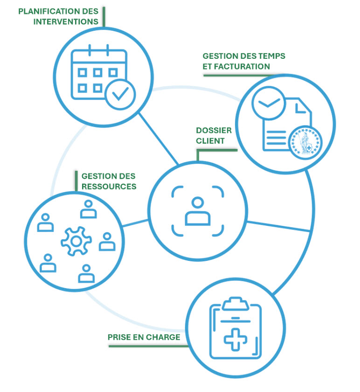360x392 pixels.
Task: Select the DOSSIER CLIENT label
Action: [x=214, y=135]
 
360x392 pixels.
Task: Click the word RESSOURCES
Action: [x=109, y=186]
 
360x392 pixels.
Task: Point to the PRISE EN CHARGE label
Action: [x=144, y=337]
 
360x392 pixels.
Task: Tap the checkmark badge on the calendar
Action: [x=120, y=94]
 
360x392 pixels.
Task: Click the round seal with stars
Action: [x=305, y=143]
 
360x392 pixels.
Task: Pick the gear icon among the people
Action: [x=73, y=241]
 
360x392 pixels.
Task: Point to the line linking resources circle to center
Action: [x=135, y=224]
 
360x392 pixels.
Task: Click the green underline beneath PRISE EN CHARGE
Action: [x=148, y=346]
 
